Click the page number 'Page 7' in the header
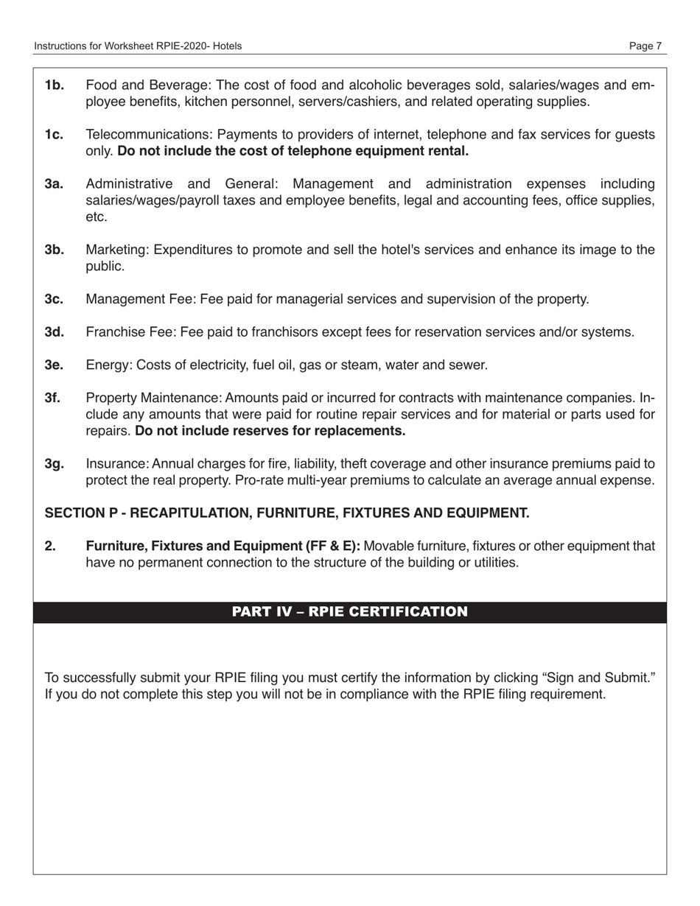645,46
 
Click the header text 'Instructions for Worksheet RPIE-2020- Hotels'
138,46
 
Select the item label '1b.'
55,85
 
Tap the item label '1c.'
55,135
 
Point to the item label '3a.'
55,183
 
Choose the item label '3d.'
55,332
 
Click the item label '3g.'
55,464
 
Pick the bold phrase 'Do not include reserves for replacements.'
270,431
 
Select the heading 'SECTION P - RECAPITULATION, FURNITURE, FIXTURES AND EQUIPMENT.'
287,513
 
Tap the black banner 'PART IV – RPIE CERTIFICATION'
349,612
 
